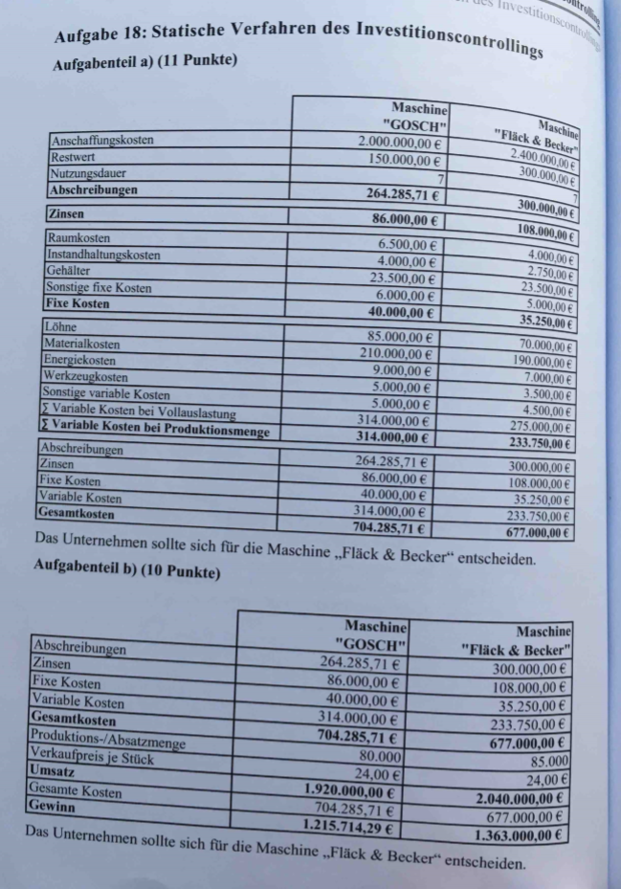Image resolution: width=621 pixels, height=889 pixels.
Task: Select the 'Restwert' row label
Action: (x=71, y=158)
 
